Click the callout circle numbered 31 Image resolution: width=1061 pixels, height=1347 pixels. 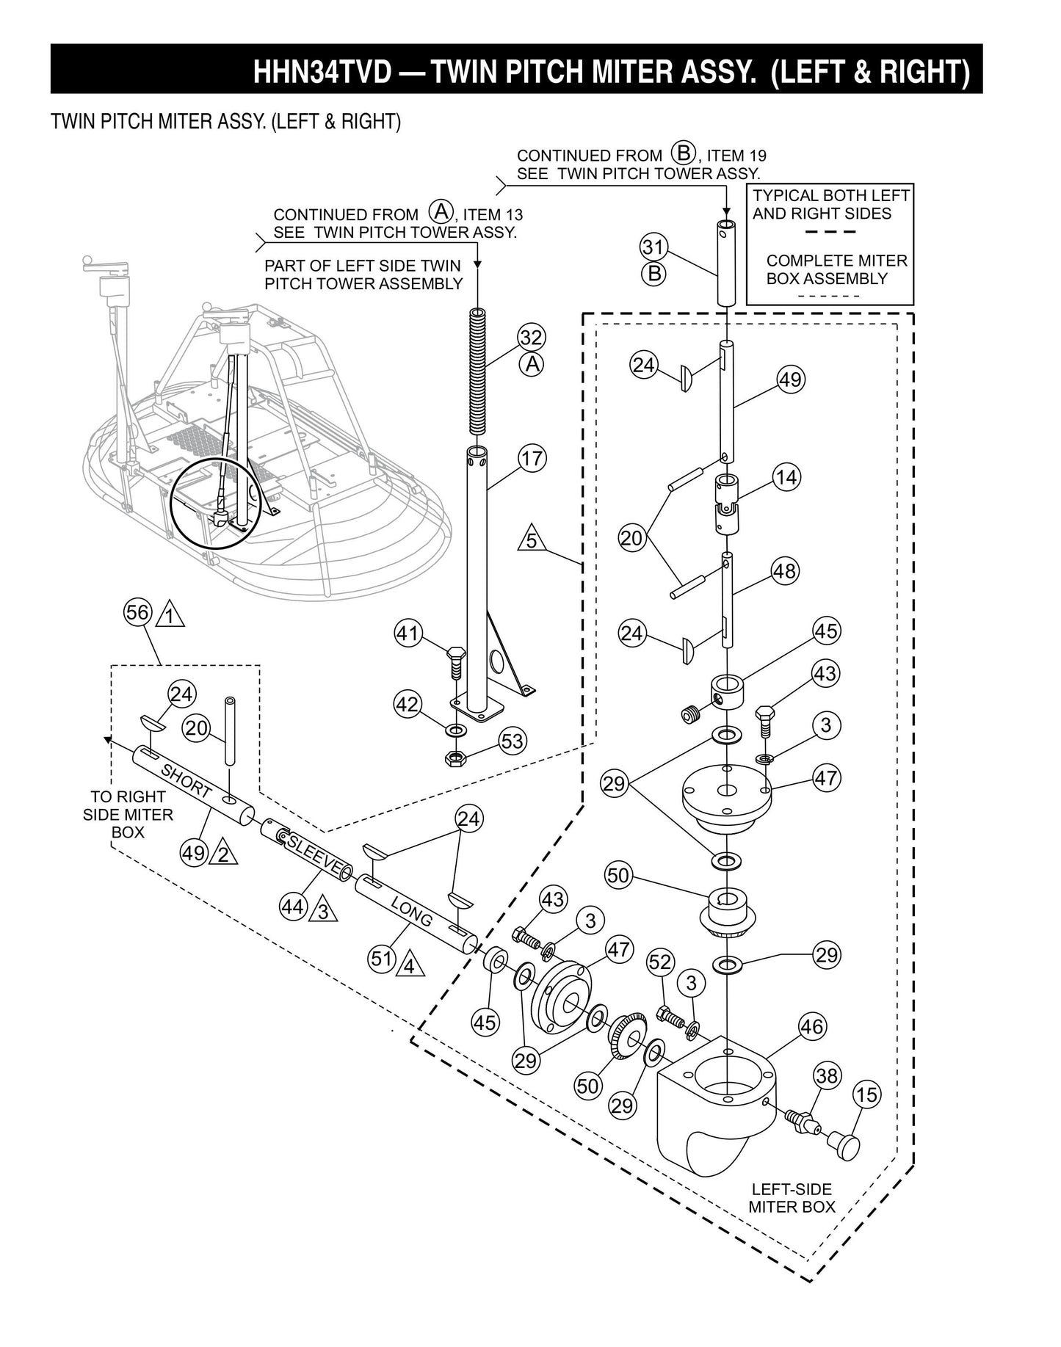(x=653, y=245)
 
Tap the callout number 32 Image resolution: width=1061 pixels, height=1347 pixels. (x=531, y=338)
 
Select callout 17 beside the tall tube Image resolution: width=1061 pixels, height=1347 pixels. (x=532, y=459)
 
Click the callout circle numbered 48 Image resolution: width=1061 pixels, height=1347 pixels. (x=784, y=570)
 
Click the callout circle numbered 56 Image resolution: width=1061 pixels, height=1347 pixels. (x=137, y=612)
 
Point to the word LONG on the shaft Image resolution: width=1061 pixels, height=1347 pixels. (x=412, y=911)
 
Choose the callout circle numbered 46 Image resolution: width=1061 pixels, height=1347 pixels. (x=811, y=1025)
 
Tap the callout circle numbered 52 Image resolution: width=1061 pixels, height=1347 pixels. (x=660, y=961)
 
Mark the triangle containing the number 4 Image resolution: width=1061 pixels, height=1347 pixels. (x=410, y=965)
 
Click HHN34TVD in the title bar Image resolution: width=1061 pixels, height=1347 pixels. (x=322, y=72)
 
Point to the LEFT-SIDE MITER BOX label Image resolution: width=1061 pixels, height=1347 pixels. (x=792, y=1197)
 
